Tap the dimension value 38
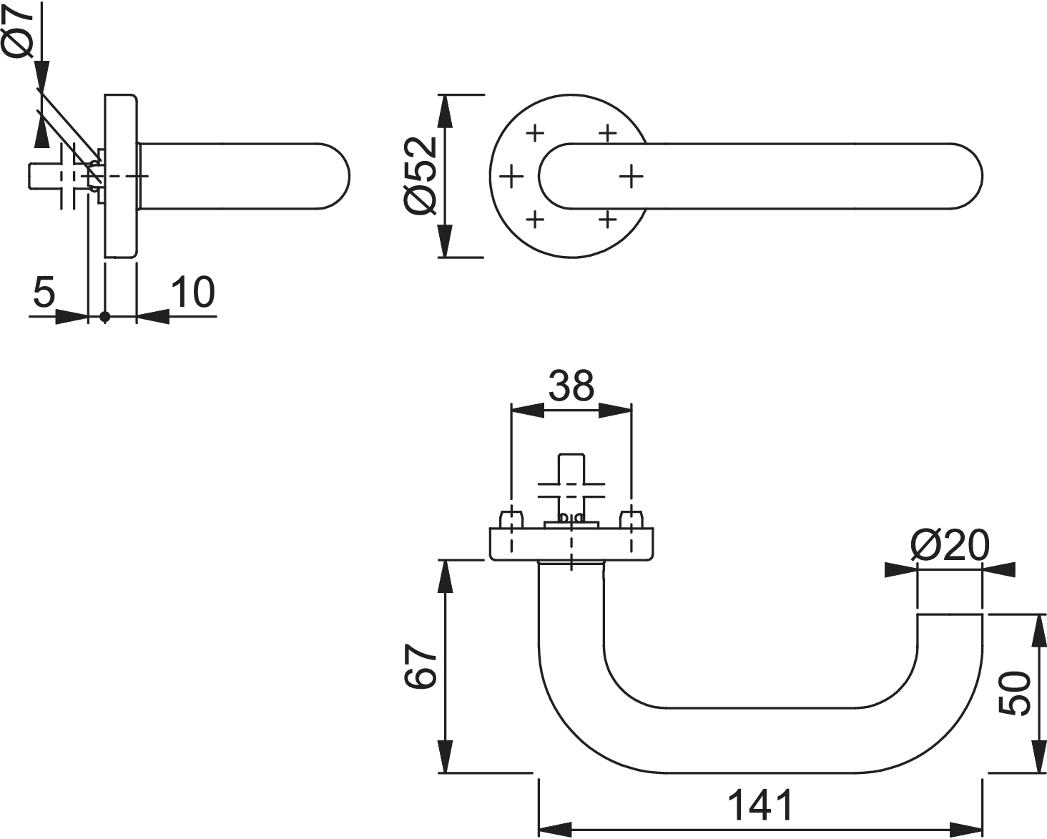click(571, 387)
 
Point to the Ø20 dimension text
click(950, 546)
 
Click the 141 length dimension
click(760, 806)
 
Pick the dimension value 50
click(1015, 692)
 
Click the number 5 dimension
click(44, 293)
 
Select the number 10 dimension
click(192, 293)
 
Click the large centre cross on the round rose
click(630, 176)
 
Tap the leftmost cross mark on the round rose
click(511, 176)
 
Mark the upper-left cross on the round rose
click(535, 132)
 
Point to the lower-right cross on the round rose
click(607, 219)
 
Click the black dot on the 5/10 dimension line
click(105, 316)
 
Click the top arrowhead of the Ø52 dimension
click(445, 110)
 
